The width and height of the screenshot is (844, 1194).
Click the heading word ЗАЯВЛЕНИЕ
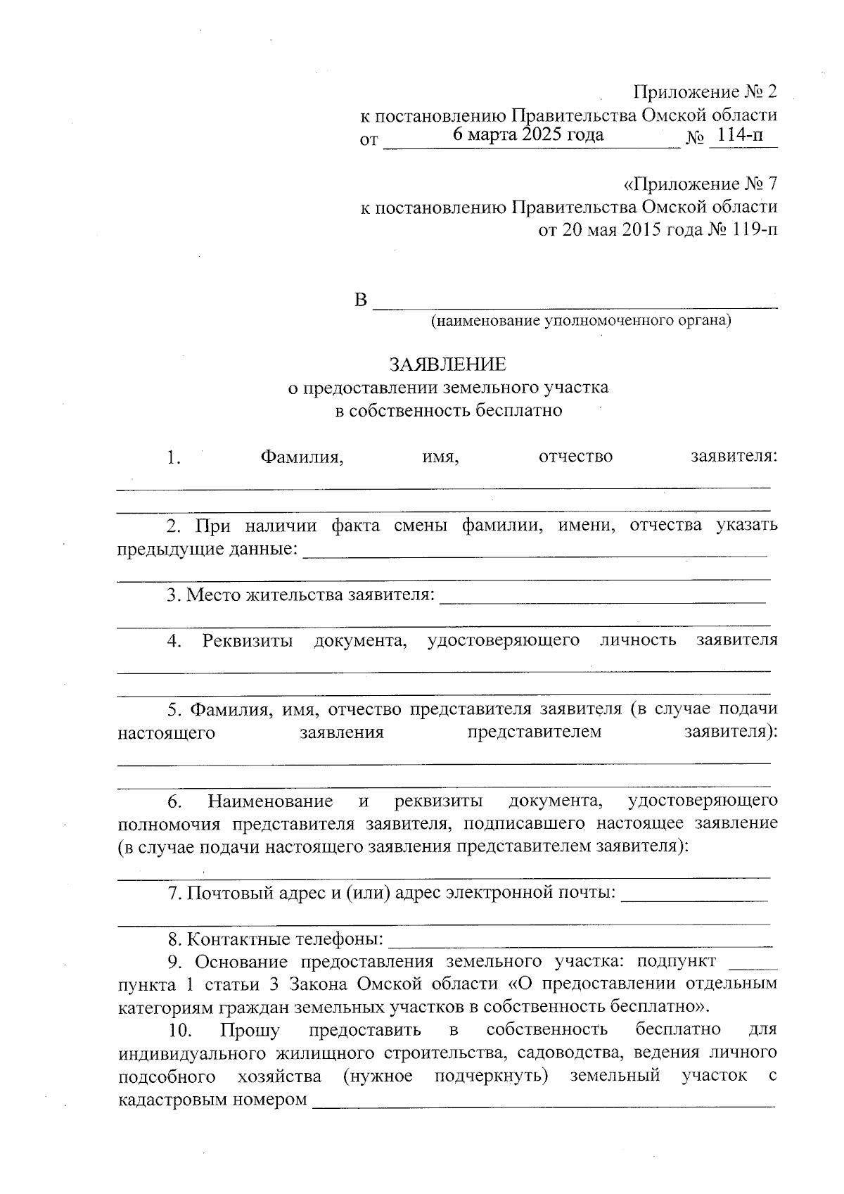[x=448, y=364]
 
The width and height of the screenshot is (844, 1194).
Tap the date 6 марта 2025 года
[x=528, y=134]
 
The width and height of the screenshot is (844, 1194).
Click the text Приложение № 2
[x=705, y=92]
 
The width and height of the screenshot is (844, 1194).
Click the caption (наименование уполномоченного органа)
[x=581, y=322]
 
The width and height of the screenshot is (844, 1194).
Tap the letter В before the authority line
[x=361, y=301]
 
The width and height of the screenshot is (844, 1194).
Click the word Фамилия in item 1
[x=302, y=457]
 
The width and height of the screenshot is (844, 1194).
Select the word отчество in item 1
[x=575, y=457]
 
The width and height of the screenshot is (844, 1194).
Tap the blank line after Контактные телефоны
[x=580, y=940]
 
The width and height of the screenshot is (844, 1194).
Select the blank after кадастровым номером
[x=543, y=1100]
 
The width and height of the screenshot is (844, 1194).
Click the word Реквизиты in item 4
[x=248, y=641]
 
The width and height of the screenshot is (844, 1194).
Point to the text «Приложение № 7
[x=701, y=185]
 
